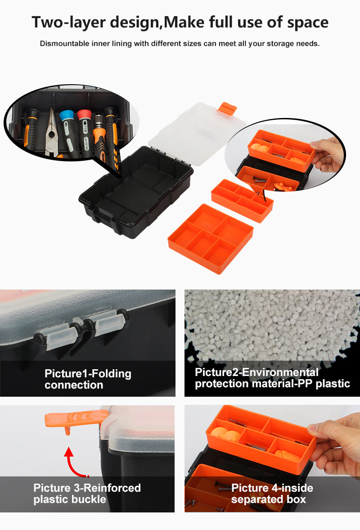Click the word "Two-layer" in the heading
click(x=68, y=23)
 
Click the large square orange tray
click(x=211, y=238)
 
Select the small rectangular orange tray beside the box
click(x=242, y=200)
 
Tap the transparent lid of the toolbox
click(x=197, y=134)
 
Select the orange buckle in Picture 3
click(x=76, y=420)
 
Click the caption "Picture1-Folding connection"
click(x=88, y=379)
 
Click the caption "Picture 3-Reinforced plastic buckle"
click(x=87, y=494)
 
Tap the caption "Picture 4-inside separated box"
click(x=272, y=494)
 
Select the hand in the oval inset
click(x=327, y=155)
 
